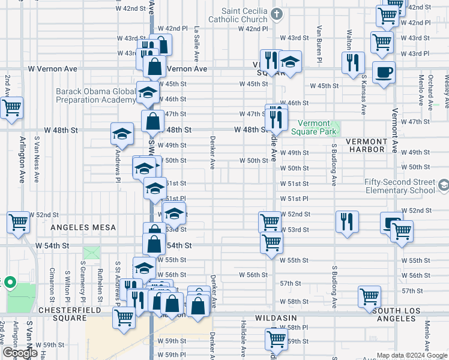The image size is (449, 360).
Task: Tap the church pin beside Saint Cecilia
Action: coord(276,13)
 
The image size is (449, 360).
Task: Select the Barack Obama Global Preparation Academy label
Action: coord(96,95)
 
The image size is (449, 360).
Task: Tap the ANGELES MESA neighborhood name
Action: coord(83,227)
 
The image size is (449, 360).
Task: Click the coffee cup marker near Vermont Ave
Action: coord(384,73)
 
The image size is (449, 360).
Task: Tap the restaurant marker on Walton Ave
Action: coord(352,62)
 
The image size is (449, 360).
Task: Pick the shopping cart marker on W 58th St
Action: coord(369,296)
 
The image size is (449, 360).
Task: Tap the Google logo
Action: coord(20,353)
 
